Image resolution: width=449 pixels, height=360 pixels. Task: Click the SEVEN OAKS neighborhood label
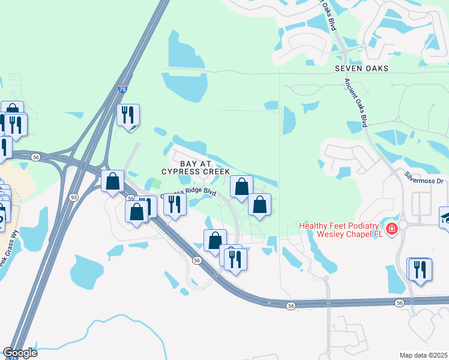tap(361, 69)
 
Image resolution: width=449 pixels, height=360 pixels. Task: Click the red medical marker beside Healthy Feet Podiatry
tap(391, 229)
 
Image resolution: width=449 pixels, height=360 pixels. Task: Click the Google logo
tap(20, 353)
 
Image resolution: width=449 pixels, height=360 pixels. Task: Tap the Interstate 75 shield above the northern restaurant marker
tap(122, 89)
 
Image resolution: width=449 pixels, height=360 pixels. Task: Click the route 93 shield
tap(74, 197)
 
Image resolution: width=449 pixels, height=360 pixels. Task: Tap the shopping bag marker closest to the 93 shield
tap(112, 181)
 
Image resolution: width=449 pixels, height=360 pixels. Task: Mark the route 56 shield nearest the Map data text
tap(400, 304)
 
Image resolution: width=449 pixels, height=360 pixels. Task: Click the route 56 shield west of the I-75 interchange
tap(36, 157)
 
